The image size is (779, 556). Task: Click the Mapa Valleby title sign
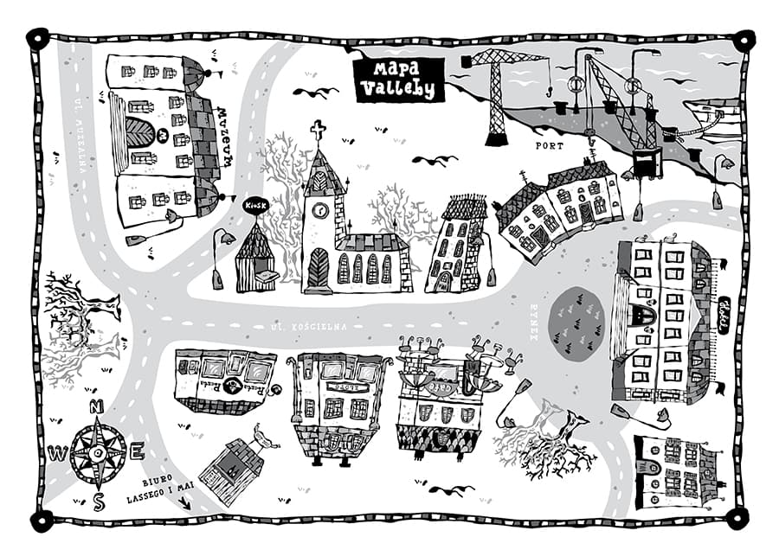pos(399,78)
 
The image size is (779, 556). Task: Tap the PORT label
pos(549,146)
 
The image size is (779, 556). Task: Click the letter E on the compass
pos(137,451)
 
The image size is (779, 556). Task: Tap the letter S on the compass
pos(99,502)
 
